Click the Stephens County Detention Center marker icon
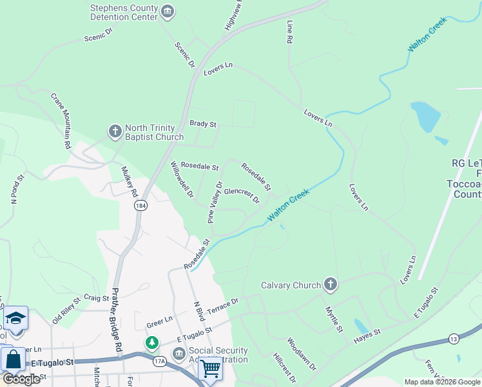coord(168,12)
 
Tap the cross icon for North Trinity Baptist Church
coord(115,132)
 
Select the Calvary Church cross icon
coord(330,284)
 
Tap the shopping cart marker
coord(210,368)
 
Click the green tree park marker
coord(151,342)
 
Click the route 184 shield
coord(140,205)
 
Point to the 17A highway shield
coord(159,362)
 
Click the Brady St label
coord(202,124)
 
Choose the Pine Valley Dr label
coord(215,203)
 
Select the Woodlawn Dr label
coord(302,354)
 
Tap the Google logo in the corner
coord(21,379)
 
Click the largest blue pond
coord(425,117)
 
